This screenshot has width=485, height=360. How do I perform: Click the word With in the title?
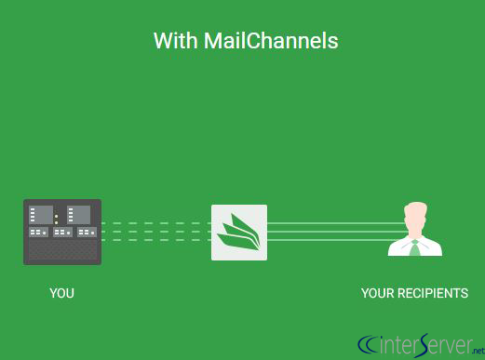click(174, 41)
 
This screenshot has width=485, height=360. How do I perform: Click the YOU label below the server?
click(61, 293)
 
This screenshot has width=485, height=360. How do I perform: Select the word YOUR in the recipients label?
click(380, 293)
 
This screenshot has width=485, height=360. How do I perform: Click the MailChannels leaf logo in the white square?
click(239, 233)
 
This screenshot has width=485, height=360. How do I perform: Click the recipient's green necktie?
click(415, 247)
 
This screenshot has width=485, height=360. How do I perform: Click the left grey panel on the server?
click(41, 215)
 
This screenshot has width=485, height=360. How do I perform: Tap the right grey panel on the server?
click(79, 215)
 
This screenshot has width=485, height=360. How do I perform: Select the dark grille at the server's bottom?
click(61, 250)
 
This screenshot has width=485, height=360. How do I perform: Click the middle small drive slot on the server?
click(62, 232)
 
